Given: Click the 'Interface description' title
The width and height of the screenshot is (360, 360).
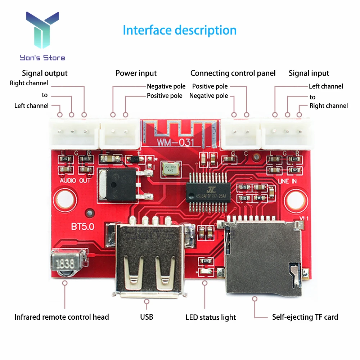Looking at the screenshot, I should [x=180, y=30].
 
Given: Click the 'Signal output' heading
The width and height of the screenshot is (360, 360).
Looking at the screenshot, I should [x=45, y=73].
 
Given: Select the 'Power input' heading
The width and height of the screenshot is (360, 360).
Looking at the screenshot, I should [x=136, y=73].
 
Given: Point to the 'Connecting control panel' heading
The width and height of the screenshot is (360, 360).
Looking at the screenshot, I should [x=233, y=73].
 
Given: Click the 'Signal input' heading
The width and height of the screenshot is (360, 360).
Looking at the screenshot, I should [x=309, y=73].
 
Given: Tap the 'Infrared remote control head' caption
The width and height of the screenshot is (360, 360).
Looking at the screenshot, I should [x=62, y=317].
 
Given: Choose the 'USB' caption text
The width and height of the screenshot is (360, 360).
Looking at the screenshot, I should [x=147, y=317].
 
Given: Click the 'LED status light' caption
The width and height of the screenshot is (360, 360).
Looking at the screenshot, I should [x=211, y=318].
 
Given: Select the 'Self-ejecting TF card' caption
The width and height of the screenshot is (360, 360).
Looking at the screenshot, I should [x=305, y=317].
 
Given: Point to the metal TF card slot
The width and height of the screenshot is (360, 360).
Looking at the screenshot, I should [x=263, y=256].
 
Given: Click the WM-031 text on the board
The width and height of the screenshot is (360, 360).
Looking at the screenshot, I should [x=176, y=142].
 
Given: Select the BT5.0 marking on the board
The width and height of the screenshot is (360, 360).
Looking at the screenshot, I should [x=83, y=228].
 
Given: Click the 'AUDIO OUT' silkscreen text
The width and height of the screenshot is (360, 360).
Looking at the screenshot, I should [x=75, y=180].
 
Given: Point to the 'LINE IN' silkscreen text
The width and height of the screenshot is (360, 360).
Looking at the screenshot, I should [x=287, y=181].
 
